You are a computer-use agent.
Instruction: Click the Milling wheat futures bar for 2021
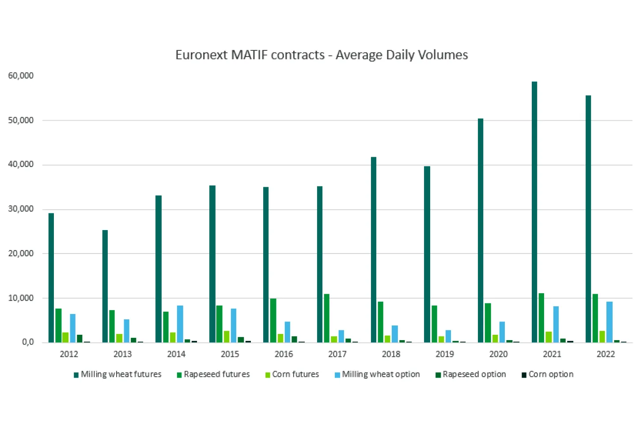click(534, 212)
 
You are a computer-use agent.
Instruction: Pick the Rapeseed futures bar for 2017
click(326, 318)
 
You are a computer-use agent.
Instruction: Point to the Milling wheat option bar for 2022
click(609, 322)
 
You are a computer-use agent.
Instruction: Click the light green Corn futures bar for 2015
click(227, 337)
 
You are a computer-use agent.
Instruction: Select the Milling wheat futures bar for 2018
click(373, 250)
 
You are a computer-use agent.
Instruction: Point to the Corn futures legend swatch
click(268, 375)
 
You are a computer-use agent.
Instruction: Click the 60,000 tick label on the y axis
click(21, 76)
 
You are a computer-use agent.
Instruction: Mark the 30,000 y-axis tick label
click(21, 209)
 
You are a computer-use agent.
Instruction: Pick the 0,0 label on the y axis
click(27, 342)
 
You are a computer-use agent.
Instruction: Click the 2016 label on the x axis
click(284, 354)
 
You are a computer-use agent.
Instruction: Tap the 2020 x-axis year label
click(498, 354)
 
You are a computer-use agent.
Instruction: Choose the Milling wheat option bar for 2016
click(287, 332)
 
